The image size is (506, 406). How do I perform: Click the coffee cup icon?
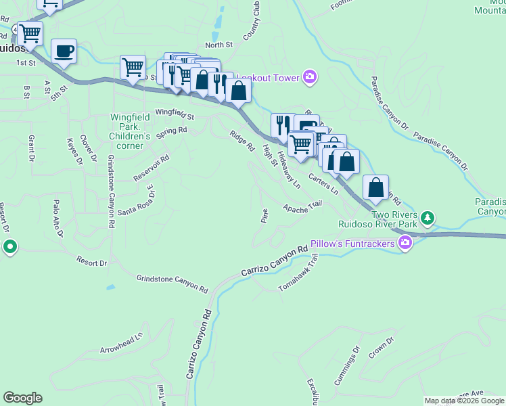click(x=64, y=51)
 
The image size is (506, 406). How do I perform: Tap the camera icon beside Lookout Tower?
click(x=310, y=78)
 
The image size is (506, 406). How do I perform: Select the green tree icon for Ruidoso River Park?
click(x=427, y=218)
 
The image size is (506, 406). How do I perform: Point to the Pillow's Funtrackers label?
click(x=353, y=243)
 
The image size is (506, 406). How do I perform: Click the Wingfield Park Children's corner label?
click(x=127, y=131)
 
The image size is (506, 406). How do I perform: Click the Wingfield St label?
click(x=175, y=114)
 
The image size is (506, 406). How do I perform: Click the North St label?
click(x=218, y=45)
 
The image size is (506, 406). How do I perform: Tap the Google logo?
click(x=22, y=398)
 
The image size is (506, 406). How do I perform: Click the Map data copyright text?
click(x=464, y=401)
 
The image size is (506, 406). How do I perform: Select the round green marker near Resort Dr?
click(x=9, y=248)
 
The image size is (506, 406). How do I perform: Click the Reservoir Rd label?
click(x=151, y=168)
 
